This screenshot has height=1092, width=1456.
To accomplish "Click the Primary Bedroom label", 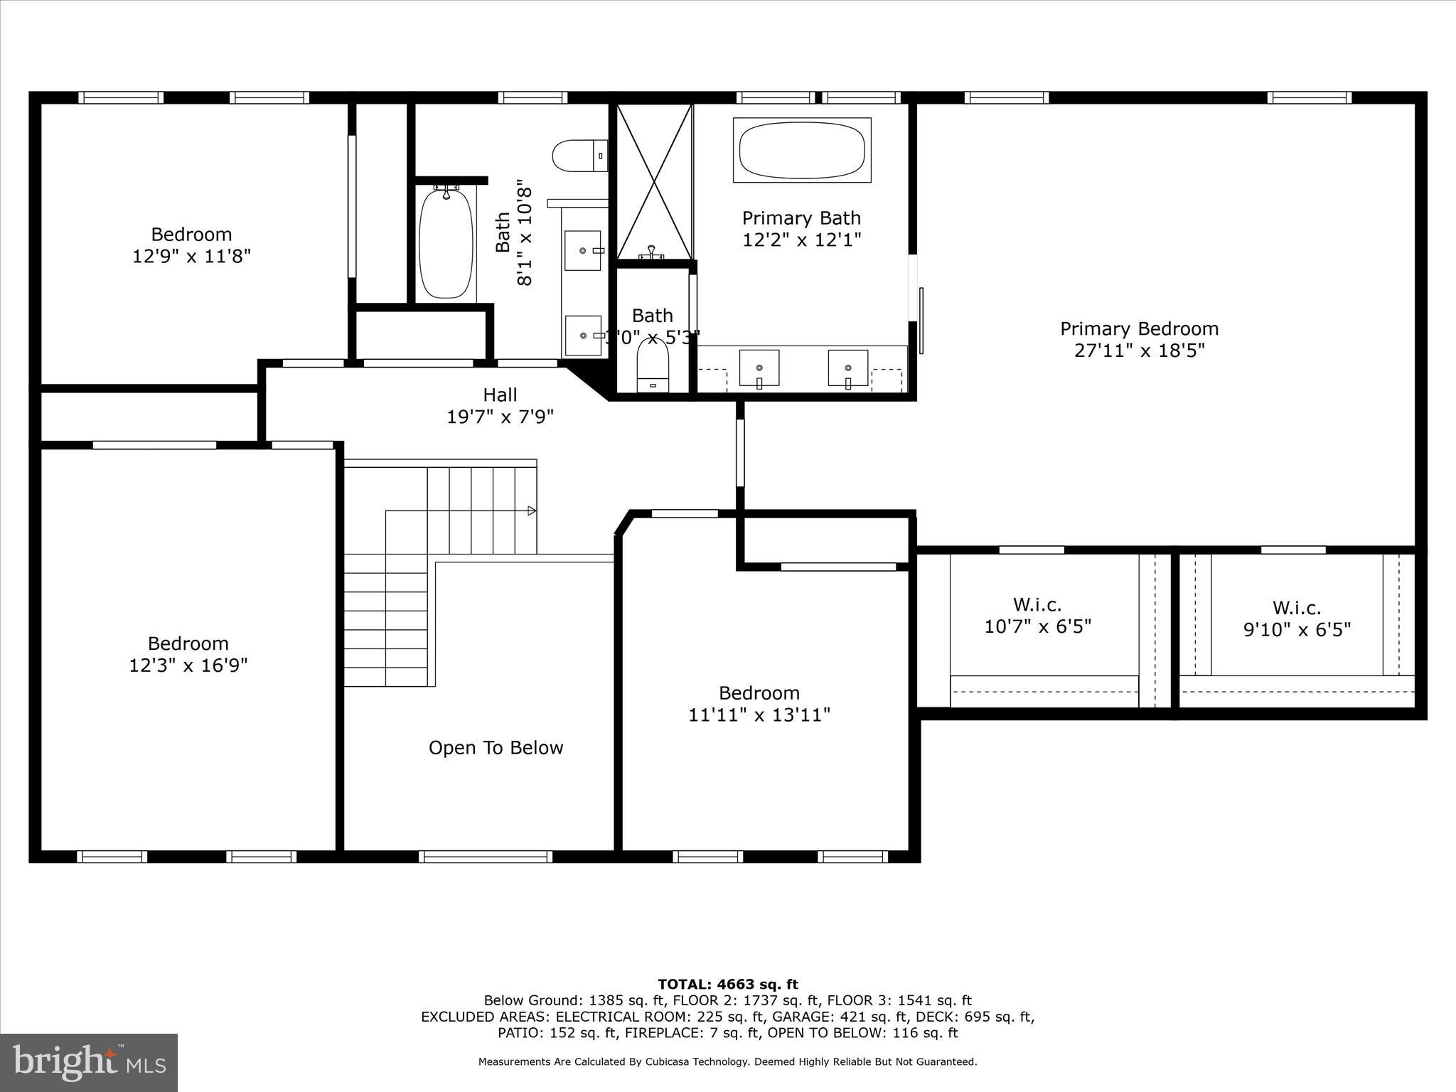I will [x=1139, y=329].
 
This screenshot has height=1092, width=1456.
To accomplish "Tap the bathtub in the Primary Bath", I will [x=802, y=150].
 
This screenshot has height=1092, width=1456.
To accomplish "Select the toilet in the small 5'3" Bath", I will [x=653, y=364].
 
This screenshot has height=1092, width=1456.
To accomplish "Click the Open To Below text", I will [x=496, y=748].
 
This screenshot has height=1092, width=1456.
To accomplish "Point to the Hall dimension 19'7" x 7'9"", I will [x=500, y=417].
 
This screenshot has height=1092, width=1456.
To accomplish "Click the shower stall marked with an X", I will [x=654, y=181].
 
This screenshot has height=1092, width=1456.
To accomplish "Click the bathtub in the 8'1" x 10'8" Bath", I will [x=446, y=243].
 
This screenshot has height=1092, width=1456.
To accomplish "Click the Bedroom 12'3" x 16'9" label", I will [x=188, y=654].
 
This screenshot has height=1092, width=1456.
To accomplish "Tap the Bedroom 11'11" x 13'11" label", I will [x=759, y=704].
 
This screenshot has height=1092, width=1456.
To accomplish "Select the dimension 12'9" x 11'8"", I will [x=191, y=256].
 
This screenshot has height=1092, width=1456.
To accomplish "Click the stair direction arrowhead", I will [x=532, y=510].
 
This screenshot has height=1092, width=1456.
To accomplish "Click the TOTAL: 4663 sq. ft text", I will [x=727, y=985].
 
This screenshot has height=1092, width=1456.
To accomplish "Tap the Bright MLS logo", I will [x=89, y=1062].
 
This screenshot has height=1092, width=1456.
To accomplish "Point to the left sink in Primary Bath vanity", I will [x=759, y=368].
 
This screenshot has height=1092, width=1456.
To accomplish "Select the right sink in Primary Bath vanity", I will [x=847, y=368].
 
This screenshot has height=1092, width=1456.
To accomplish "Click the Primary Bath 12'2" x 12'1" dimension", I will [x=801, y=240].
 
